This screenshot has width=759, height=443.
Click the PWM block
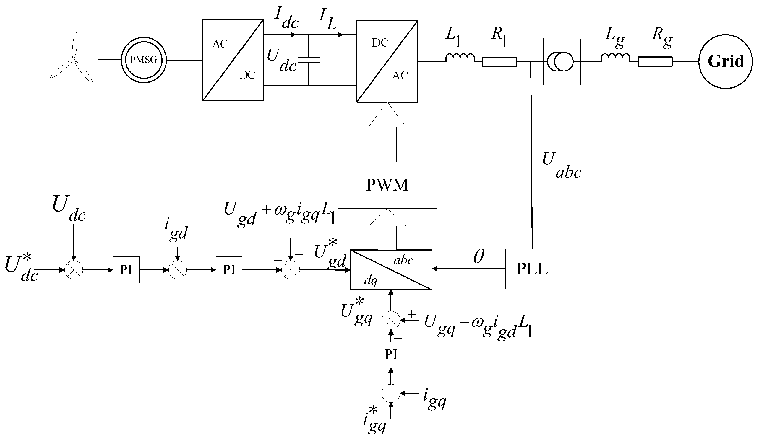tap(387, 185)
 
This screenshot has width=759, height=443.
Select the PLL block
tap(532, 269)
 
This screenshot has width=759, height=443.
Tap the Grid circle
tap(725, 62)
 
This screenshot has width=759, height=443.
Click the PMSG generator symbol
tap(144, 60)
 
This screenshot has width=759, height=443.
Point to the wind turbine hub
tap(73, 61)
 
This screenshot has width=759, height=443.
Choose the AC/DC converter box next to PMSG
tap(233, 60)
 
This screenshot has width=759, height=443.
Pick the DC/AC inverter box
tap(387, 61)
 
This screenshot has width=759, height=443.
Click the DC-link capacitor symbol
tap(309, 60)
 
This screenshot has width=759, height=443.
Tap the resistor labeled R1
tap(500, 62)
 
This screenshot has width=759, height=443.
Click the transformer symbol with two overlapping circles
tap(560, 62)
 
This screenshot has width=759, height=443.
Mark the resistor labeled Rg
tap(655, 62)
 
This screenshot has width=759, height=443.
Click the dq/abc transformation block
tap(391, 270)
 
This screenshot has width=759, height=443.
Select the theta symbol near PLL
tap(479, 256)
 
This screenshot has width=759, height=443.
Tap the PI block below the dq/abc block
tap(391, 354)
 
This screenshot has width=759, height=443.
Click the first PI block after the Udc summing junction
tap(126, 270)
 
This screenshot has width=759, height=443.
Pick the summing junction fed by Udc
tap(74, 270)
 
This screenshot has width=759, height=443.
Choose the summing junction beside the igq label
tap(391, 393)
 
